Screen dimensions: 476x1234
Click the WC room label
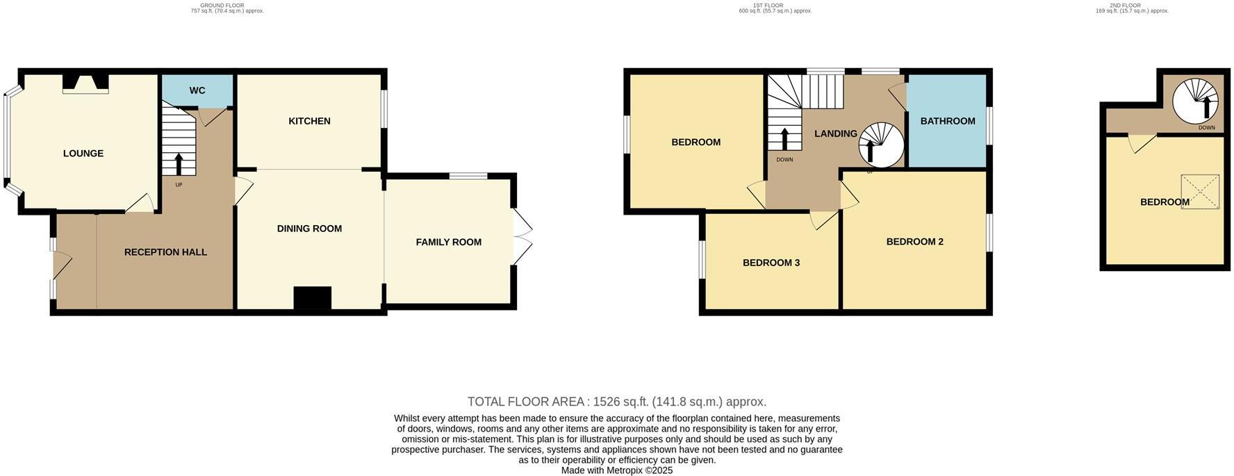[x=197, y=90]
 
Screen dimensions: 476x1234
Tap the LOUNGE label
[x=83, y=154]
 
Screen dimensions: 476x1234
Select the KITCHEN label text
[x=309, y=121]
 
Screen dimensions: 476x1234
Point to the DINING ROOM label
[x=309, y=229]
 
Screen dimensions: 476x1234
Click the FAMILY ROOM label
[x=448, y=242]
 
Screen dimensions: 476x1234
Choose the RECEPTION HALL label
[x=165, y=252]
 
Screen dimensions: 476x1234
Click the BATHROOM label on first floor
[x=948, y=121]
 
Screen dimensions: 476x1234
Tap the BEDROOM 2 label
[x=914, y=242]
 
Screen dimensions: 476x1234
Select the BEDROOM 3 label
[x=771, y=263]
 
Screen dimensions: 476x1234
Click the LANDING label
[x=835, y=133]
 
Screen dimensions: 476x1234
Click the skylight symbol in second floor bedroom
[x=1200, y=191]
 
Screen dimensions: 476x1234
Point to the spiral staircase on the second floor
[x=1196, y=101]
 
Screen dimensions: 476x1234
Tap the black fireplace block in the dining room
[x=313, y=298]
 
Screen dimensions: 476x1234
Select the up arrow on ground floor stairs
[x=179, y=164]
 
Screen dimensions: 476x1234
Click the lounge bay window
[x=7, y=139]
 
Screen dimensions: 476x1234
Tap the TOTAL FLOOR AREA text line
[x=616, y=402]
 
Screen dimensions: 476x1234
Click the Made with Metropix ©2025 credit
[x=616, y=470]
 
